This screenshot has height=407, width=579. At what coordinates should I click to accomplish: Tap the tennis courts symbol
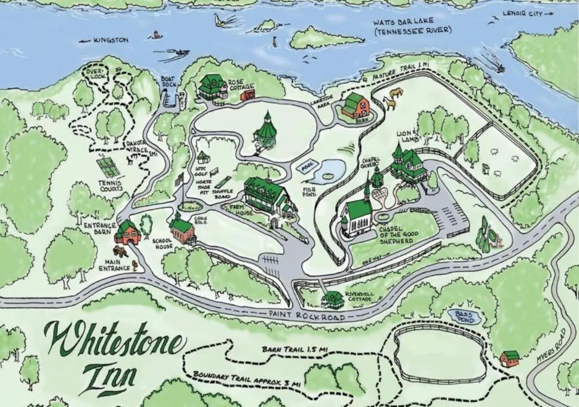click(108, 167)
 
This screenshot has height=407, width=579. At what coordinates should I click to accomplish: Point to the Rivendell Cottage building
click(333, 299)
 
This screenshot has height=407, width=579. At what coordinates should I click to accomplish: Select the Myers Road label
click(551, 346)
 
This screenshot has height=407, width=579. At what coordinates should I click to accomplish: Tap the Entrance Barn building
click(128, 233)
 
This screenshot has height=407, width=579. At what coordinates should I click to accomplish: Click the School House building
click(182, 230)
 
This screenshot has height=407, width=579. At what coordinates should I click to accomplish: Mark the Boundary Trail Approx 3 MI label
click(247, 379)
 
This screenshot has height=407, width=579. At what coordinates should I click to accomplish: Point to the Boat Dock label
click(168, 81)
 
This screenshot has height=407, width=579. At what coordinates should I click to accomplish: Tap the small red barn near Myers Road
click(510, 359)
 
